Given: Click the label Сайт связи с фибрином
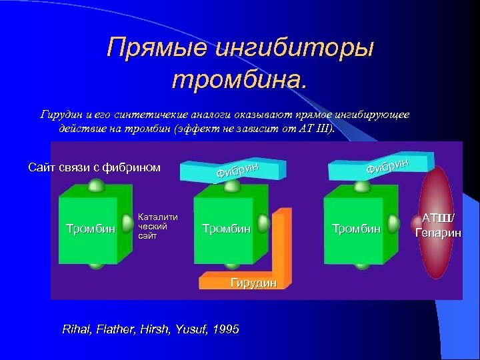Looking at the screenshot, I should [94, 167].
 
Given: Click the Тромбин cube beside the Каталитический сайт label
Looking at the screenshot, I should [89, 229].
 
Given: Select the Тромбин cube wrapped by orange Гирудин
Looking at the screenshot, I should [226, 229].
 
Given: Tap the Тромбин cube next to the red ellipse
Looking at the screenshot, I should [356, 229].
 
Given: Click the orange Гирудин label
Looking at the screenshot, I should [253, 283].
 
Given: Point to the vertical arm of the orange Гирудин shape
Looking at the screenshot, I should [283, 240].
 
